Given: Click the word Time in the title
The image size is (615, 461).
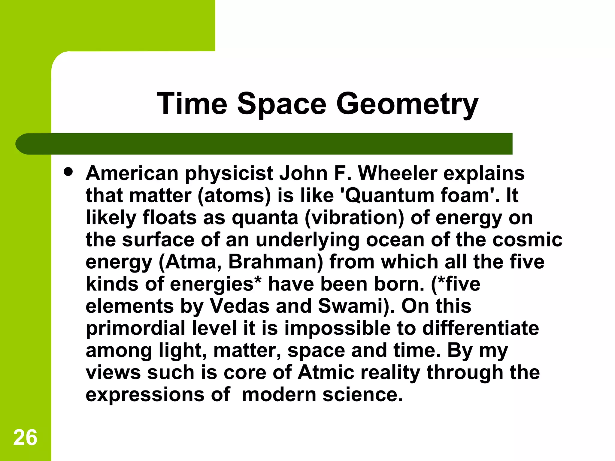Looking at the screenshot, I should pos(192,104).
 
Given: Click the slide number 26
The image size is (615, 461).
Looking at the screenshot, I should pos(25,437).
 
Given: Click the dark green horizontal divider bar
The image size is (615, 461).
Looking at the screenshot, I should pos(264,144).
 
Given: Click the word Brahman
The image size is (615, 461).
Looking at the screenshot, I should pos(275,262).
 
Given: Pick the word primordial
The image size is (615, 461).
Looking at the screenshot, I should pos(135,329).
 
